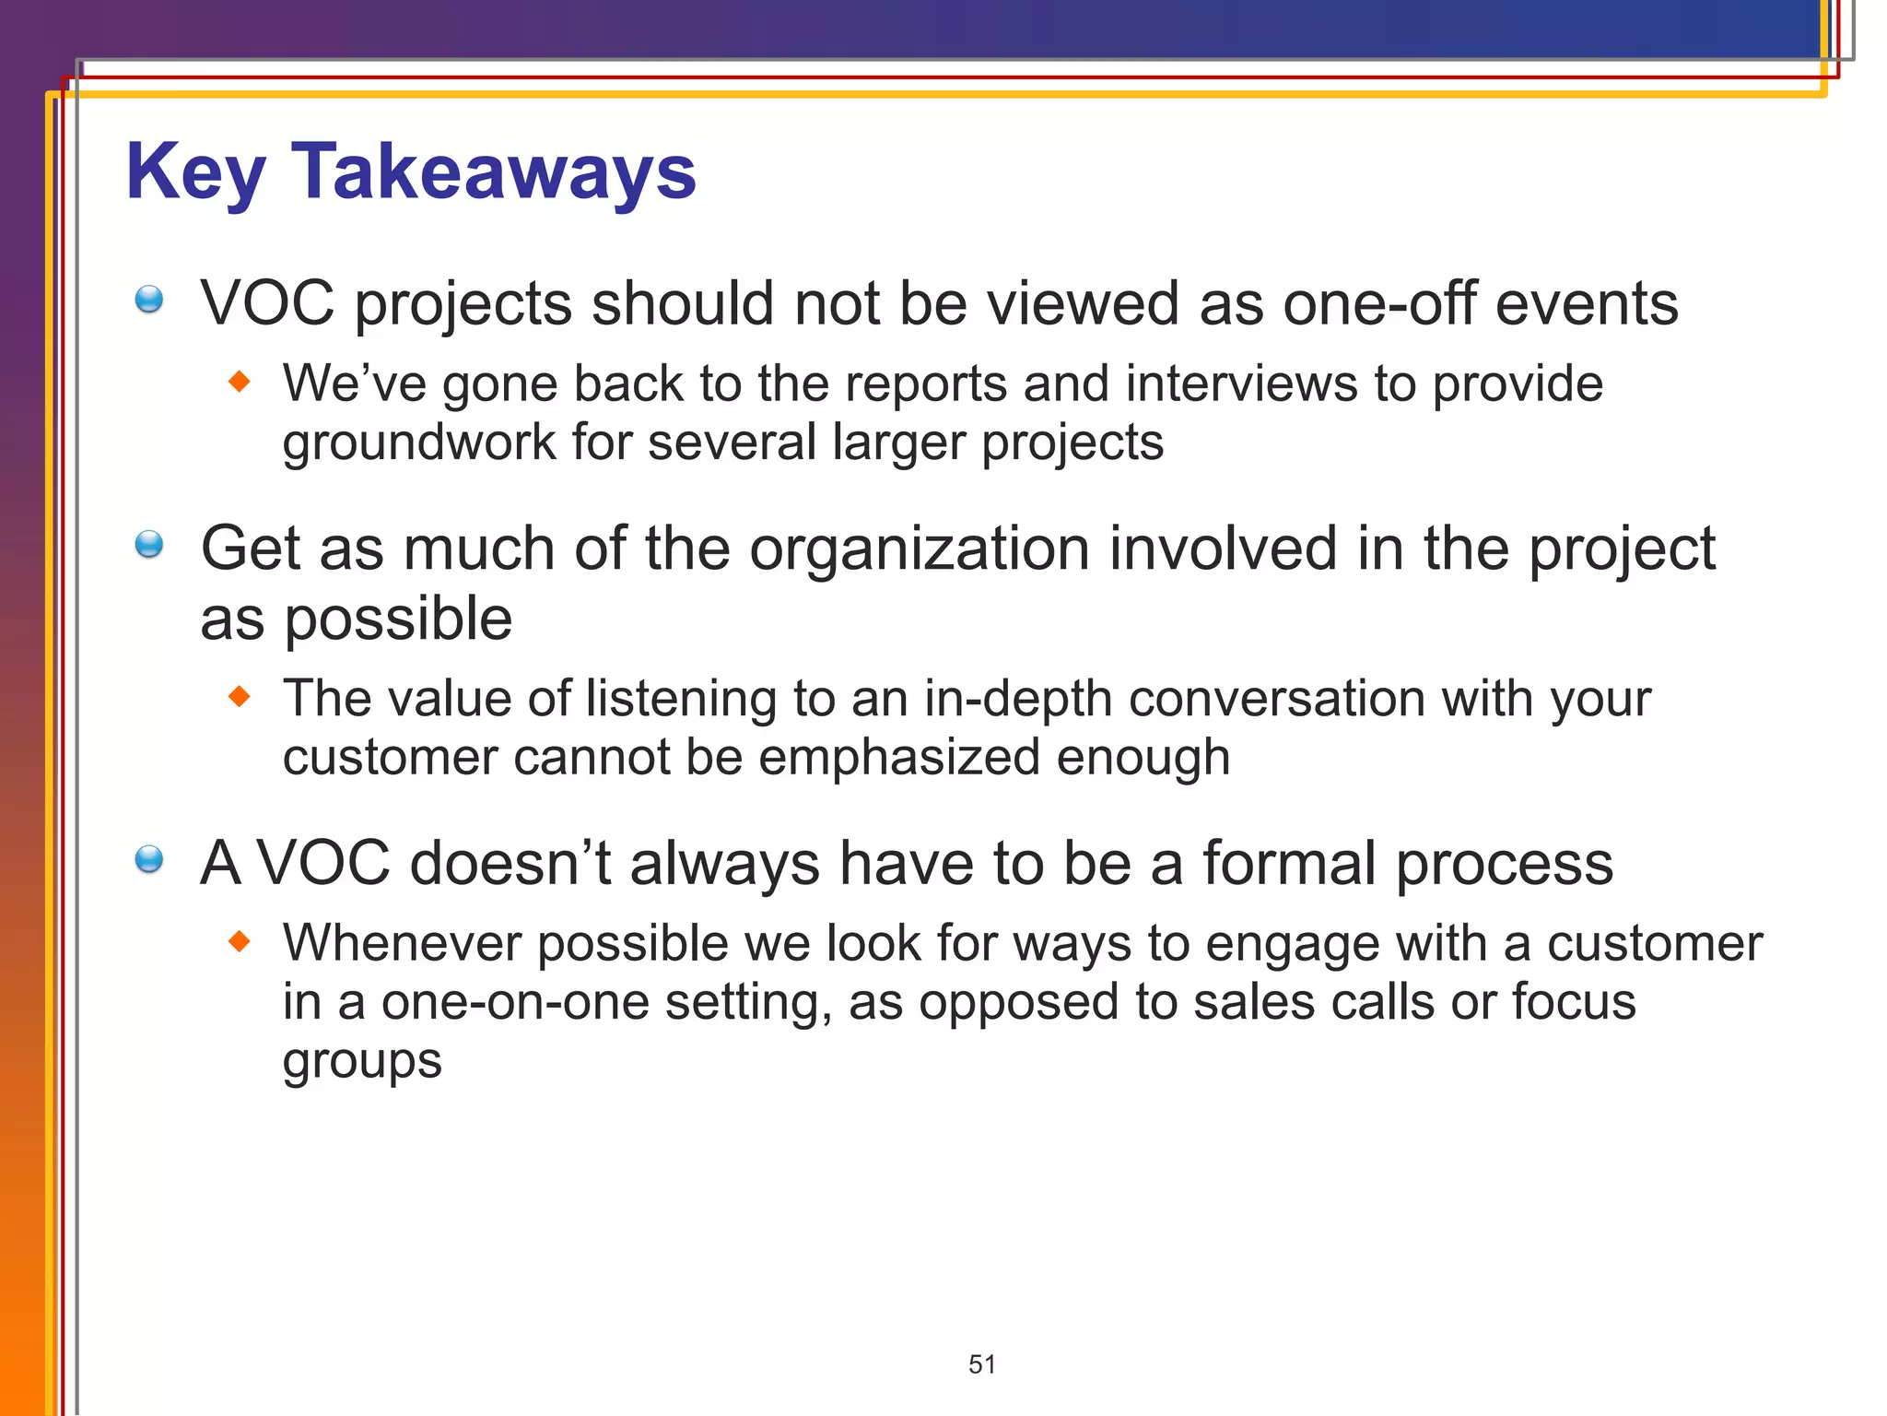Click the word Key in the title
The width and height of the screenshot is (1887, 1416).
(195, 173)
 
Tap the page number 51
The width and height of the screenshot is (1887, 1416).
(981, 1364)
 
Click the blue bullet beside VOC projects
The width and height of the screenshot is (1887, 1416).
(148, 300)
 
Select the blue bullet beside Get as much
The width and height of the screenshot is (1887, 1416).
(148, 545)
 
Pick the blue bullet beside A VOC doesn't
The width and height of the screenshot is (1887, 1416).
(148, 859)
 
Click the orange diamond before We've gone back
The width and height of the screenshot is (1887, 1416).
(240, 382)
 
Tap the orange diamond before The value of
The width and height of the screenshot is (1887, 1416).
(240, 696)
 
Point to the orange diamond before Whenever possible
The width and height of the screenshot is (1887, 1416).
(240, 941)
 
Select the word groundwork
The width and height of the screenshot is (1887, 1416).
(418, 443)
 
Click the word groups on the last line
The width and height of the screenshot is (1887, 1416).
(361, 1062)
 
